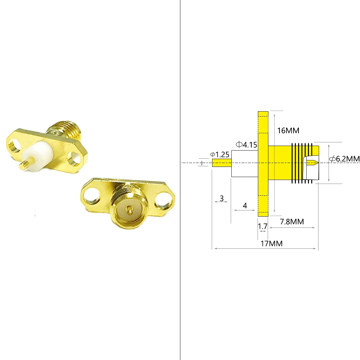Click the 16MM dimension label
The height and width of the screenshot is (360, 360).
288,131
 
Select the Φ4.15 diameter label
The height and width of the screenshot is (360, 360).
246,144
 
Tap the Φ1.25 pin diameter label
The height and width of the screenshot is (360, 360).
220,154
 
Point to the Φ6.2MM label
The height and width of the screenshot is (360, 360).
344,159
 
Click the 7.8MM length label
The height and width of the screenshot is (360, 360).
292,222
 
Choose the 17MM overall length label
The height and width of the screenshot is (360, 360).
271,243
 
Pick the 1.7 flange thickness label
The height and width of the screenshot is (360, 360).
263,226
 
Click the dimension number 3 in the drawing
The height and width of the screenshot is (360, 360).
222,198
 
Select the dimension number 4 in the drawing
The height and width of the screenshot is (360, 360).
245,206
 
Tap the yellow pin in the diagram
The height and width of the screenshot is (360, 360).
222,163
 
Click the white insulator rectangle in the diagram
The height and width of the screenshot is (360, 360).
244,164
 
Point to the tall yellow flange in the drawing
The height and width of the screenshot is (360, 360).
263,164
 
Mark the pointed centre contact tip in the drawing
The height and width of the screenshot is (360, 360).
313,163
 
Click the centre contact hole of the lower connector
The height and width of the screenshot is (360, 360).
130,210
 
